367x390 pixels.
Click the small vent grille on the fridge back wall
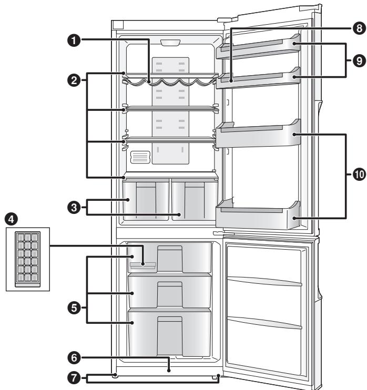[x=140, y=158]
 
